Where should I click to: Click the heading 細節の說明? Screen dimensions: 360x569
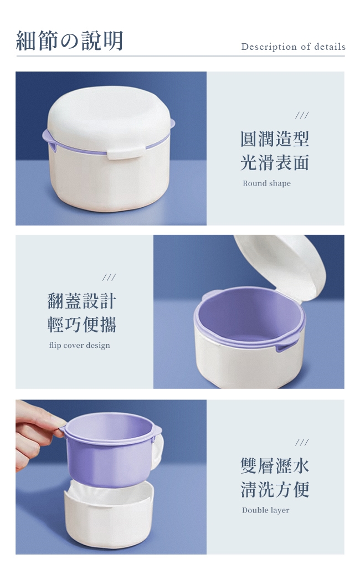point(70,40)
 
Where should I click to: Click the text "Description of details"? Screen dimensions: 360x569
point(293,47)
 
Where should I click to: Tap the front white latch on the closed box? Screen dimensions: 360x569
point(126,153)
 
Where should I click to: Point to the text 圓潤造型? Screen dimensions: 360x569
point(275,139)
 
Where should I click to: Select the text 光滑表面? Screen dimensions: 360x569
point(275,162)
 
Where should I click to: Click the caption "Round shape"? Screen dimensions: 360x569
point(267,183)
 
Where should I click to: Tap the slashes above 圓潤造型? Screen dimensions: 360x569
point(302,115)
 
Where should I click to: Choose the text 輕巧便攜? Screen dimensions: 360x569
point(82,325)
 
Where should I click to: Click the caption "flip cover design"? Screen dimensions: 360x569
point(79,345)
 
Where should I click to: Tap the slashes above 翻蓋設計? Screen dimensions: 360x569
point(109,278)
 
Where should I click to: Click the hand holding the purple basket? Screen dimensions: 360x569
point(37,432)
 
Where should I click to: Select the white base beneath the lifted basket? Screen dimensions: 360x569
point(109,515)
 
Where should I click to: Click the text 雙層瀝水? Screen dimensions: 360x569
point(275,466)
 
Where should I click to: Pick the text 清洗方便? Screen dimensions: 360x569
point(275,489)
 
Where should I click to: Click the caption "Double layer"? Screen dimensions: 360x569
point(266,510)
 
